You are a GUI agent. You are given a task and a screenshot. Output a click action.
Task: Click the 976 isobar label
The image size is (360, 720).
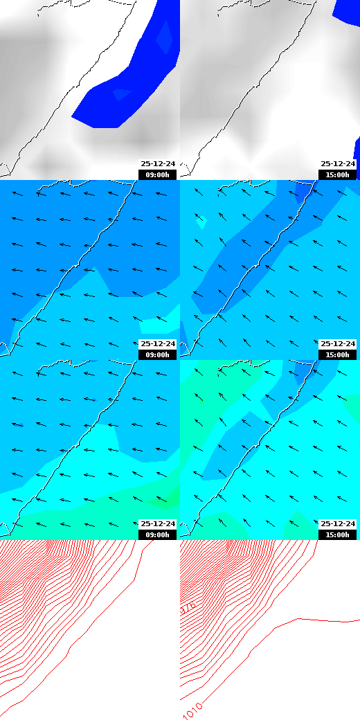coord(188,608)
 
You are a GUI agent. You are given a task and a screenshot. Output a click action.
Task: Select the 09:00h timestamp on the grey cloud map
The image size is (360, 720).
coord(158,174)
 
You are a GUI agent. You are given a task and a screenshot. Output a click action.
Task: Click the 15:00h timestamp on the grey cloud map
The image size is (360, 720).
coord(338,174)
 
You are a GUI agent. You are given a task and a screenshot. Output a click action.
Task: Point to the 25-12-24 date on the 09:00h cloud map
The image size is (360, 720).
coord(158,164)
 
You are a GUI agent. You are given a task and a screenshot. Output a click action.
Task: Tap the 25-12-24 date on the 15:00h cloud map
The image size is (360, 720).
coord(338,164)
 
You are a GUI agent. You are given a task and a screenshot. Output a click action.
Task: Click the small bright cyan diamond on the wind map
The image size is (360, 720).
coord(201,222)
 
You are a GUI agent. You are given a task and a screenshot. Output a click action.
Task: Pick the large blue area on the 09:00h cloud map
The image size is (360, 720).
coord(132,83)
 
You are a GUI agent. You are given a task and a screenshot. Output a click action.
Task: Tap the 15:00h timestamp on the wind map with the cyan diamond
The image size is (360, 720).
coord(338,354)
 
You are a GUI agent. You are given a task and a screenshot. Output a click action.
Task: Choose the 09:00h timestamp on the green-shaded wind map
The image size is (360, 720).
coord(158,534)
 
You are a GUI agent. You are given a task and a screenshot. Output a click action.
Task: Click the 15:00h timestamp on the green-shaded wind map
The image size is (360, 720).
coord(338,534)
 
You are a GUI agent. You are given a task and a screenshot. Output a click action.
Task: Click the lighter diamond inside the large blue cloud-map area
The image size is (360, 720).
coord(164,38)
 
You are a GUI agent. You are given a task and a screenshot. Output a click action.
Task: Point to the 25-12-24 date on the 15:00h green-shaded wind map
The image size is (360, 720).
coord(338,524)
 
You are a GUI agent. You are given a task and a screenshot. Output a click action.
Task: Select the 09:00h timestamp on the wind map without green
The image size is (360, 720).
coord(158,354)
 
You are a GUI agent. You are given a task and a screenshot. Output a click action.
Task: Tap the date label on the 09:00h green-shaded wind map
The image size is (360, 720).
coord(158,524)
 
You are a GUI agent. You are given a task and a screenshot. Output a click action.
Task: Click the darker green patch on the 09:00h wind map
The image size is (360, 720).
coord(163,500)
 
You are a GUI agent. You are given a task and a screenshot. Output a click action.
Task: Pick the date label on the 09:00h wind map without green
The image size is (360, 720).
coord(158,344)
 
